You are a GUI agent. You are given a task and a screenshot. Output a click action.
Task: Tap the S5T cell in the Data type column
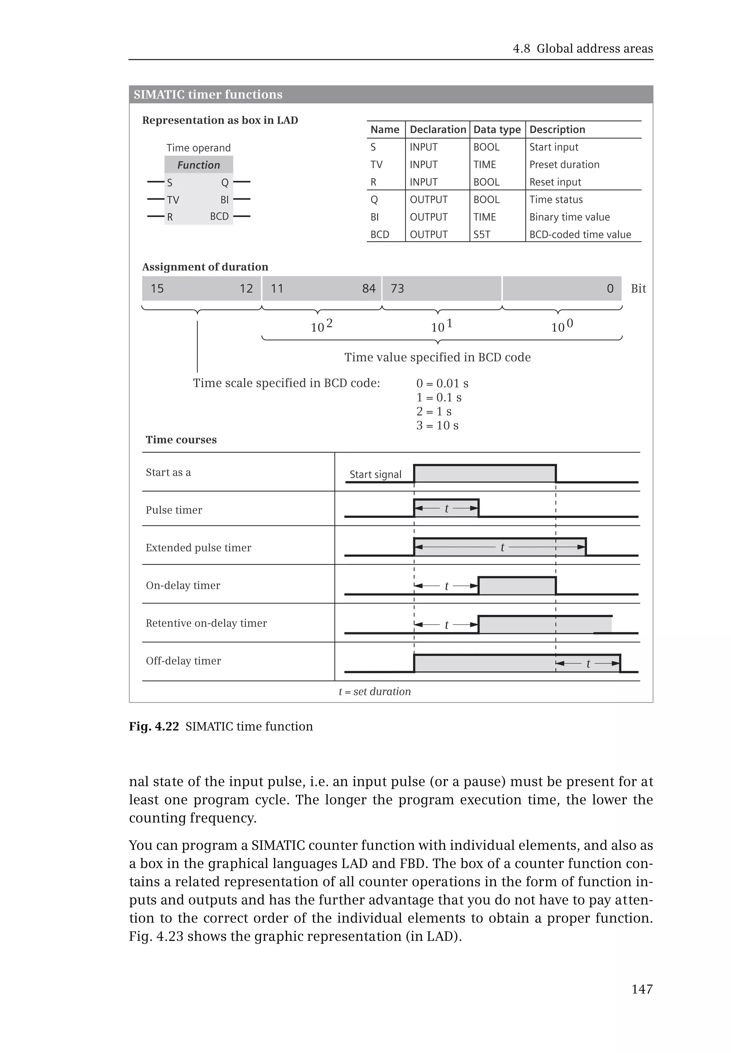click(482, 235)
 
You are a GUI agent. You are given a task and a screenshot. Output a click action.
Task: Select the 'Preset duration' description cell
click(564, 165)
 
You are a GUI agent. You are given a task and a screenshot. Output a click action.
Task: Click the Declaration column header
click(437, 130)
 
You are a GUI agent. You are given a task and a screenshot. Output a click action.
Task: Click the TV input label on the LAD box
click(173, 200)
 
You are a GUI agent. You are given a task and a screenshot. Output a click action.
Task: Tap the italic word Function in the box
click(198, 165)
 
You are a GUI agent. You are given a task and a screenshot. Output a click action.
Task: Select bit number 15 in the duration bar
click(157, 289)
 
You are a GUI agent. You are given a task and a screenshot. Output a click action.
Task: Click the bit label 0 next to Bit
click(610, 289)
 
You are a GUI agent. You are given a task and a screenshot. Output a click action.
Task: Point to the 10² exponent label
click(322, 326)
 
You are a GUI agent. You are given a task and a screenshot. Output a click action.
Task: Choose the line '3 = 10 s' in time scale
click(437, 426)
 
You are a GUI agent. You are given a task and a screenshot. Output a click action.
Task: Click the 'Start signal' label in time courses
click(375, 475)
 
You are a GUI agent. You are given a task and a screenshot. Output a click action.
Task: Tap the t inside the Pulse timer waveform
click(447, 508)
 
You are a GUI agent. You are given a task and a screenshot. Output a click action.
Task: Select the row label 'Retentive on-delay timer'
click(206, 623)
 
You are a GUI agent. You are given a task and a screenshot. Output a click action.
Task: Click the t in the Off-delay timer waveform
click(588, 663)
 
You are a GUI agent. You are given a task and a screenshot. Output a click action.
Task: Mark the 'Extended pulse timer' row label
click(198, 548)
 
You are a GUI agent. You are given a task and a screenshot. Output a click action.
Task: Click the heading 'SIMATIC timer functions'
click(208, 94)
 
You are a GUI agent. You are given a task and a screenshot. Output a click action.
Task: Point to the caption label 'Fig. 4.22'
click(153, 726)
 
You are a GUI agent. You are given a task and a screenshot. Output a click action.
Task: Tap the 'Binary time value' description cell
click(569, 217)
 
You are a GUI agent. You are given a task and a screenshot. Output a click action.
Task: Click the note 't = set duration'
click(375, 691)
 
